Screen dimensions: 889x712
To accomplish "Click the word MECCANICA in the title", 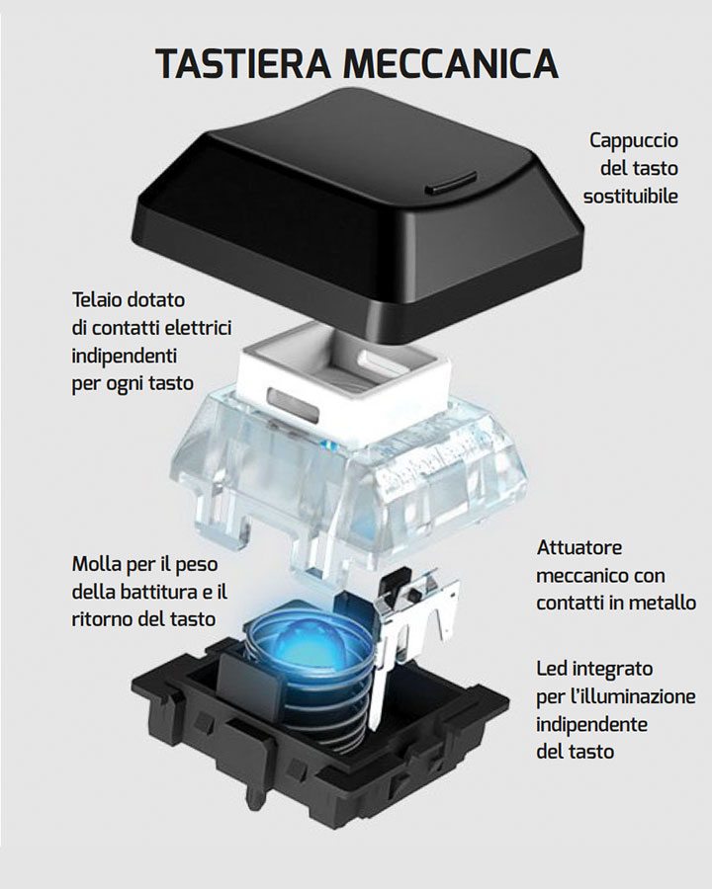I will point(450,63).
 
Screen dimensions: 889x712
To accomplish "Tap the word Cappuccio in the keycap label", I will point(634,140).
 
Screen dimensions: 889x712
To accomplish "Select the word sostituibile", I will point(630,196).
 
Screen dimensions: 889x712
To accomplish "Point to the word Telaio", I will point(100,298).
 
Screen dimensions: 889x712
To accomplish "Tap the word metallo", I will point(665,602).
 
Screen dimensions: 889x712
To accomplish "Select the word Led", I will point(554,669).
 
